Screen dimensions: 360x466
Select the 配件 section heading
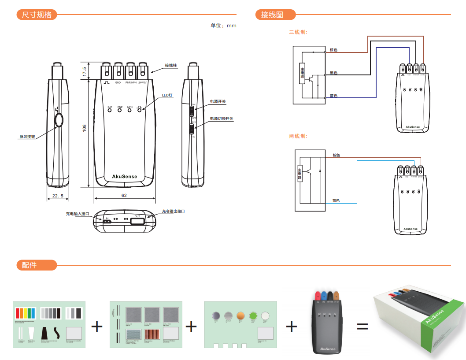pyautogui.click(x=29, y=265)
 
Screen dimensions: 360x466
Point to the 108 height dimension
pyautogui.click(x=84, y=128)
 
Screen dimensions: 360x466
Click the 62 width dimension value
pyautogui.click(x=124, y=195)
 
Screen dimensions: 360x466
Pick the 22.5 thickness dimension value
pyautogui.click(x=58, y=195)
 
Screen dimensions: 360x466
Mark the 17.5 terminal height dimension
pyautogui.click(x=84, y=71)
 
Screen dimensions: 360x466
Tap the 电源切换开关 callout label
pyautogui.click(x=221, y=119)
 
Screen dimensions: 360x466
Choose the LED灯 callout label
pyautogui.click(x=167, y=95)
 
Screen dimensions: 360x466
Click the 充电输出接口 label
pyautogui.click(x=174, y=212)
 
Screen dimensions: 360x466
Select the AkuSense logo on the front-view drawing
pyautogui.click(x=125, y=176)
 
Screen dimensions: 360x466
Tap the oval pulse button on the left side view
pyautogui.click(x=58, y=119)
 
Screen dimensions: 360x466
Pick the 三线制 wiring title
pyautogui.click(x=298, y=32)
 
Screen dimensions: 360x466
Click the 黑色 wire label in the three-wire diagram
pyautogui.click(x=333, y=73)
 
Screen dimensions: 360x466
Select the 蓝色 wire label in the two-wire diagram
pyautogui.click(x=336, y=201)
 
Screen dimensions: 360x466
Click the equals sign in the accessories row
pyautogui.click(x=362, y=327)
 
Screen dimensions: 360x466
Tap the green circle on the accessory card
pyautogui.click(x=253, y=315)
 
